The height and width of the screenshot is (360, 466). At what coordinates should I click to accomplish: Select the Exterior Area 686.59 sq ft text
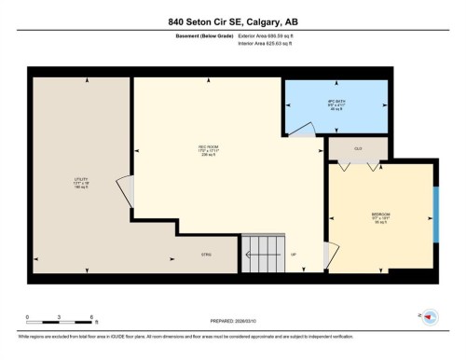click(273, 38)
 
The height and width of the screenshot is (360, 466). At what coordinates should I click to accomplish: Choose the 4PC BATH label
click(336, 104)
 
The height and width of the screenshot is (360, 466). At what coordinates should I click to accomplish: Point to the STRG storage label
click(206, 254)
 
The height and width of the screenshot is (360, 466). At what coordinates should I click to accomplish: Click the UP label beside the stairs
click(294, 254)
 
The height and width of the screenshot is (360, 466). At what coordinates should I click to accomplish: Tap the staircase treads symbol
click(260, 249)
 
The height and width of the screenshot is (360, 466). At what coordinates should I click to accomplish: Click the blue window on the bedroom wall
click(436, 215)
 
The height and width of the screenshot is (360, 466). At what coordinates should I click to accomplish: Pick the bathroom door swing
click(303, 131)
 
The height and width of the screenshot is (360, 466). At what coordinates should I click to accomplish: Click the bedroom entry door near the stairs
click(325, 253)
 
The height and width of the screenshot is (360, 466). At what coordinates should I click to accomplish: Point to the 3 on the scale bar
click(59, 318)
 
